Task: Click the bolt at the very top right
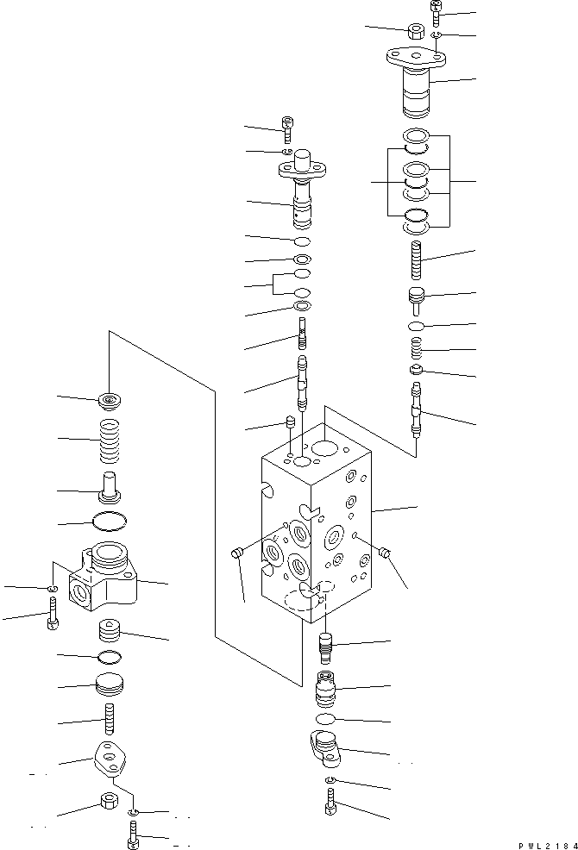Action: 436,13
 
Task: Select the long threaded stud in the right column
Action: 418,259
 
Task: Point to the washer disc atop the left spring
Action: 110,400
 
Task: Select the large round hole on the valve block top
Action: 325,447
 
